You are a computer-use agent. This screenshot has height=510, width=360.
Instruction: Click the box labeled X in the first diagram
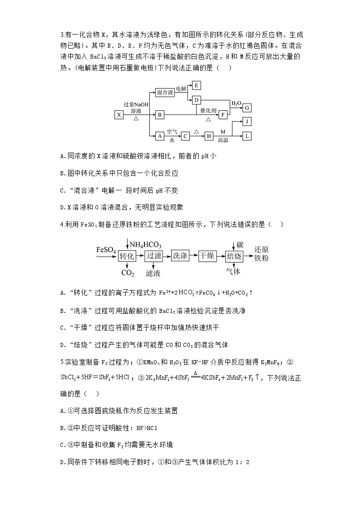[118, 114]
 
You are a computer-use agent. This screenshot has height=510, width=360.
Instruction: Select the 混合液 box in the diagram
[165, 92]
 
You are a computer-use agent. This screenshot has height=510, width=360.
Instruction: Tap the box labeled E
[196, 85]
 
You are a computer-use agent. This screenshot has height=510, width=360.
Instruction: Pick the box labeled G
[247, 108]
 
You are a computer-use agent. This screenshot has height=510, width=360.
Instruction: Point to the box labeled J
[247, 122]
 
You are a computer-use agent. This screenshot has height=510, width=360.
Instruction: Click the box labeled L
[247, 136]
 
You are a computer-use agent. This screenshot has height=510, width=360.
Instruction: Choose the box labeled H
[209, 136]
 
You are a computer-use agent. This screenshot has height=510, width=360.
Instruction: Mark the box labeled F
[222, 114]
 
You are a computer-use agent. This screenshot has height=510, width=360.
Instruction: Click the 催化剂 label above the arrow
[208, 110]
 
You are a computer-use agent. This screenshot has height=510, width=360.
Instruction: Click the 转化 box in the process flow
[127, 256]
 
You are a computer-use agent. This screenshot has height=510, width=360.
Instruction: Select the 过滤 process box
[154, 256]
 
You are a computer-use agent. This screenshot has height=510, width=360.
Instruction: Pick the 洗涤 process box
[180, 256]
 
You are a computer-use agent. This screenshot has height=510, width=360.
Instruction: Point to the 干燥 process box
[207, 256]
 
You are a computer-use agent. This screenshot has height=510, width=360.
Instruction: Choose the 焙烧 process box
[234, 256]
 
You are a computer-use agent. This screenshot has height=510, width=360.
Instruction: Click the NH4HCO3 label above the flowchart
[146, 245]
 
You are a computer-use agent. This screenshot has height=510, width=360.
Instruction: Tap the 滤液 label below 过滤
[153, 273]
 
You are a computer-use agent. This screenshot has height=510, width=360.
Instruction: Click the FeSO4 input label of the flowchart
[106, 250]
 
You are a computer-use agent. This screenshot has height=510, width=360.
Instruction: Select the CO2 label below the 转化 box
[128, 273]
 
